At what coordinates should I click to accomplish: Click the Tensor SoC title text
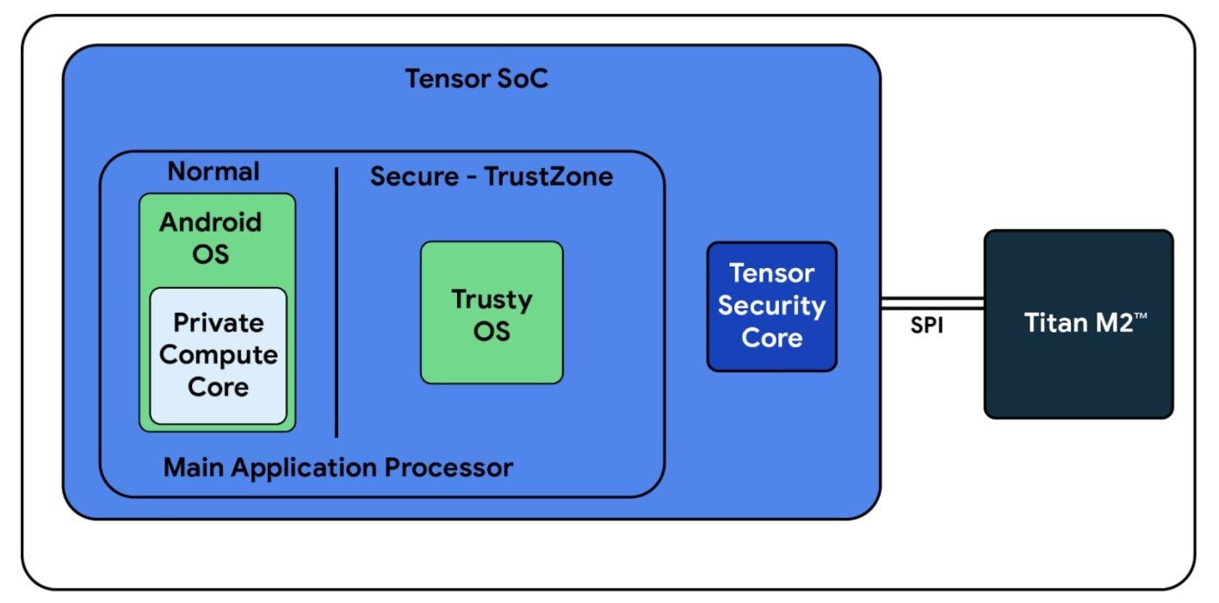coord(476,78)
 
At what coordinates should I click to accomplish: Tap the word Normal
coord(213,171)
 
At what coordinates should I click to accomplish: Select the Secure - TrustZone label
coord(492,177)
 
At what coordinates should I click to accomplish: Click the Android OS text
coord(211,238)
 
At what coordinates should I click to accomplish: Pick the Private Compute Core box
coord(218,356)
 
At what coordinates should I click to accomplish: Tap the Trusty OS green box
coord(492,313)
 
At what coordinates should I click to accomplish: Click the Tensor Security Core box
coord(771,307)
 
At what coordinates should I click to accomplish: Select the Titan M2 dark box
coord(1079,324)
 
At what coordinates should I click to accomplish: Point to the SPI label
coord(927,326)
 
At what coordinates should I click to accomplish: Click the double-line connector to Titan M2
coord(932,303)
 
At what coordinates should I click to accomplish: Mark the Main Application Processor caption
coord(338,468)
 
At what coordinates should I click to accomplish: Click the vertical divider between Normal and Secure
coord(337,302)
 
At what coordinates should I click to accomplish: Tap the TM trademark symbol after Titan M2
coord(1140,315)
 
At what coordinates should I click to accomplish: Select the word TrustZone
coord(548,177)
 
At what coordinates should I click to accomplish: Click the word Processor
coord(449,468)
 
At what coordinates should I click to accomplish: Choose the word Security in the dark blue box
coord(771,306)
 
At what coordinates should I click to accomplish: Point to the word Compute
coord(218,356)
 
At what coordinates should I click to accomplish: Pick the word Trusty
coord(492,300)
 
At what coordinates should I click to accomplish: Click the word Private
coord(218,322)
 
